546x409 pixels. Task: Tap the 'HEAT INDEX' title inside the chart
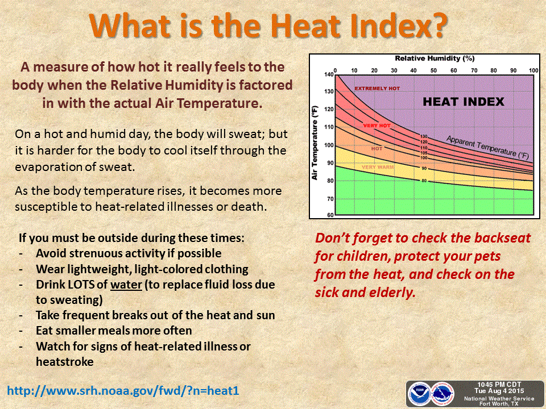point(463,102)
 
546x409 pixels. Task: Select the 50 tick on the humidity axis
point(433,70)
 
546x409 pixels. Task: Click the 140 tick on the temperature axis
point(328,75)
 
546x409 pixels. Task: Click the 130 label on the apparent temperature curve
point(424,136)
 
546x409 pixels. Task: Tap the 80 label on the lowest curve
point(424,181)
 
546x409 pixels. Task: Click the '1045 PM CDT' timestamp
point(494,385)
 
